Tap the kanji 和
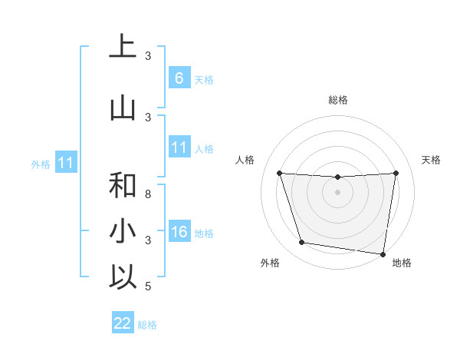123,185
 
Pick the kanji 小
123,230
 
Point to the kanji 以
123,277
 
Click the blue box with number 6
179,78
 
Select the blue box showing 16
179,232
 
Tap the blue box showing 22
123,323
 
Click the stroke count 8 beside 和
148,194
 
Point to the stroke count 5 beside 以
148,286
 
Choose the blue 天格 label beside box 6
204,79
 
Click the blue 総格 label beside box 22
147,325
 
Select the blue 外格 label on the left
41,164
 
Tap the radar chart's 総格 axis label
337,100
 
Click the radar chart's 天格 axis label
432,160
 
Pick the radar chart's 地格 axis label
402,263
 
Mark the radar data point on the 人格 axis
279,173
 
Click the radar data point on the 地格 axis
384,253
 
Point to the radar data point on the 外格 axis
302,243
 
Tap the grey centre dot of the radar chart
337,192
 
